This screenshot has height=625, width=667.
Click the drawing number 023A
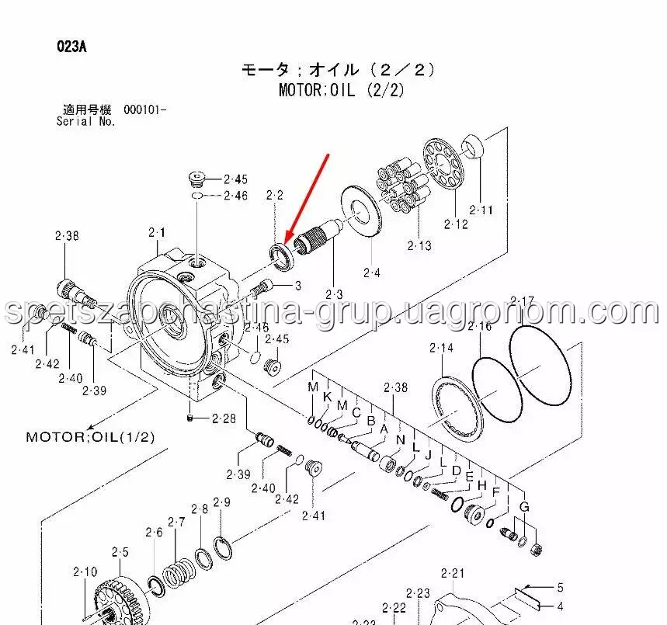71,47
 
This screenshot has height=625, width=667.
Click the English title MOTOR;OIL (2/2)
342,90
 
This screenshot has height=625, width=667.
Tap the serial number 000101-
144,110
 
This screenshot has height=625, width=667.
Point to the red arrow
307,197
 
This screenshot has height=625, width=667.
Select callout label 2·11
481,210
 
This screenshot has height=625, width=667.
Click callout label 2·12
456,225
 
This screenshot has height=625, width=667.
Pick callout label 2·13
419,246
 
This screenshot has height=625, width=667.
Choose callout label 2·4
372,273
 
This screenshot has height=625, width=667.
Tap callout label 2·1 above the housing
158,232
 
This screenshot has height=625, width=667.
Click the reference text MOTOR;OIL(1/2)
90,436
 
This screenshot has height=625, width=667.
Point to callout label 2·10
85,573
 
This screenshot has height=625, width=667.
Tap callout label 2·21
452,574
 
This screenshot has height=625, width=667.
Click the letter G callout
524,507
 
